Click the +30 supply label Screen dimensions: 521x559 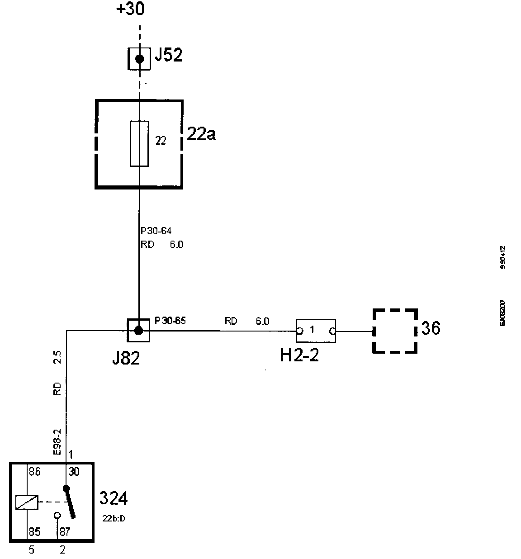[131, 9]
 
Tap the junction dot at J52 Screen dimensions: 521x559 [139, 59]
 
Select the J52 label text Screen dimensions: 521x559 [168, 56]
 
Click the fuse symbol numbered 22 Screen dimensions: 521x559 [139, 143]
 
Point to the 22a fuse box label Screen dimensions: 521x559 [201, 134]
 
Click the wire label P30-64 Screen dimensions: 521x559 [156, 231]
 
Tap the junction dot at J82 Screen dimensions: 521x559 [139, 331]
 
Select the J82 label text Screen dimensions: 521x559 [126, 358]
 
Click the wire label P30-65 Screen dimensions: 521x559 [170, 321]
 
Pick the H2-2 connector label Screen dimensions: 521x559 [299, 355]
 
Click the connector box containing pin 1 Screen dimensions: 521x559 [316, 331]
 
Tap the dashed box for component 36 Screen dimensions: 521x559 [394, 331]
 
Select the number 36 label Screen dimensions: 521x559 [431, 328]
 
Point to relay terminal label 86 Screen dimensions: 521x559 [35, 472]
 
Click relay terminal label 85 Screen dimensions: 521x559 [35, 532]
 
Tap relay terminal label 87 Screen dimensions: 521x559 [65, 532]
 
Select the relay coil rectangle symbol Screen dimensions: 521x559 [27, 502]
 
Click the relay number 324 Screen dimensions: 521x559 [113, 498]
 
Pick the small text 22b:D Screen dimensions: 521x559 [114, 518]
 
